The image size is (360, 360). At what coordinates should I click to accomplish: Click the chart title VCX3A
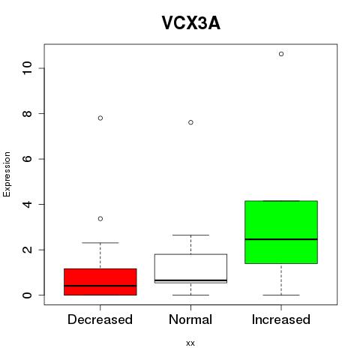tap(190, 23)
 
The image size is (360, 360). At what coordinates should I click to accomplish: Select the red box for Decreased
tap(100, 282)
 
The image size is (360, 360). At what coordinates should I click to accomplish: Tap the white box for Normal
tap(190, 268)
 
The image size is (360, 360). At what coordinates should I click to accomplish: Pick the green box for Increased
tap(281, 232)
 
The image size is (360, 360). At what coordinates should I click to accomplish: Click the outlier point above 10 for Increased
tap(281, 54)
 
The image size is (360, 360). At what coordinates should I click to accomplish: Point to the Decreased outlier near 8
tap(100, 118)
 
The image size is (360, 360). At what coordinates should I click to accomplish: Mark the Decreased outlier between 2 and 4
tap(100, 219)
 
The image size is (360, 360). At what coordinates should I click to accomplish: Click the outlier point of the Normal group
tap(190, 122)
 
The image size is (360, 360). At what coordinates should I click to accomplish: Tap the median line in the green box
tap(281, 239)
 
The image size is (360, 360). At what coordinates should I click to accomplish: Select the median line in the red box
tap(100, 286)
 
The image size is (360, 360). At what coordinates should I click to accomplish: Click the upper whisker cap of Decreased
tap(100, 242)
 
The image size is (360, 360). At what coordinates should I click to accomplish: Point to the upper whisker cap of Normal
tap(190, 235)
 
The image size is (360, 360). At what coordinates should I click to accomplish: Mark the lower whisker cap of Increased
tap(281, 295)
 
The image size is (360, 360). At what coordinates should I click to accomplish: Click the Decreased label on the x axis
tap(100, 319)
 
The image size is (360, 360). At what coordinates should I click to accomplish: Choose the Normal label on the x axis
tap(190, 319)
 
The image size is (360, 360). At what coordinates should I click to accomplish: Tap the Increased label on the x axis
tap(281, 319)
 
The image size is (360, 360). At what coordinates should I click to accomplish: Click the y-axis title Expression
tap(7, 174)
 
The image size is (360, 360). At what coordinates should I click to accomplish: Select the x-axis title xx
tap(190, 343)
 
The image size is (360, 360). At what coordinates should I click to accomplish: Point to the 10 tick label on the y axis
tap(28, 68)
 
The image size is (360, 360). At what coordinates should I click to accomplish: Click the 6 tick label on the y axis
tap(28, 159)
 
